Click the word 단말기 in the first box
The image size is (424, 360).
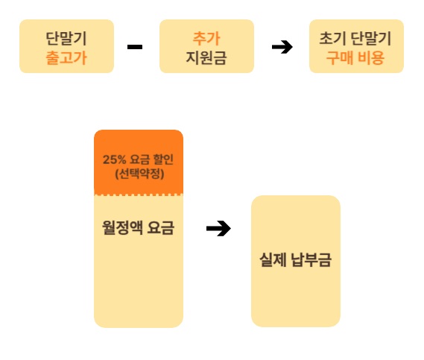(66, 39)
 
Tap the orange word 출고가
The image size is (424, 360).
(66, 58)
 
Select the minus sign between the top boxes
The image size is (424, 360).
(135, 47)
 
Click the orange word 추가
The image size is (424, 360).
(206, 38)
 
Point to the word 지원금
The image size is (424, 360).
(206, 57)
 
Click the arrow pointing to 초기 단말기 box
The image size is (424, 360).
(282, 47)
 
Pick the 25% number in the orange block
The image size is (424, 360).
(114, 160)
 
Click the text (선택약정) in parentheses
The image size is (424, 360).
(139, 174)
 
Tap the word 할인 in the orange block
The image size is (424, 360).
(163, 160)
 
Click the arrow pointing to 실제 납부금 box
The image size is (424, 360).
(218, 229)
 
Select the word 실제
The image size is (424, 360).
(273, 259)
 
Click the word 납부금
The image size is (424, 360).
(311, 259)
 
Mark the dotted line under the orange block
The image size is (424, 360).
(139, 195)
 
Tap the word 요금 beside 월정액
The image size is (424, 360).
(161, 227)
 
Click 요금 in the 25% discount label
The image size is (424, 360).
(139, 160)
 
